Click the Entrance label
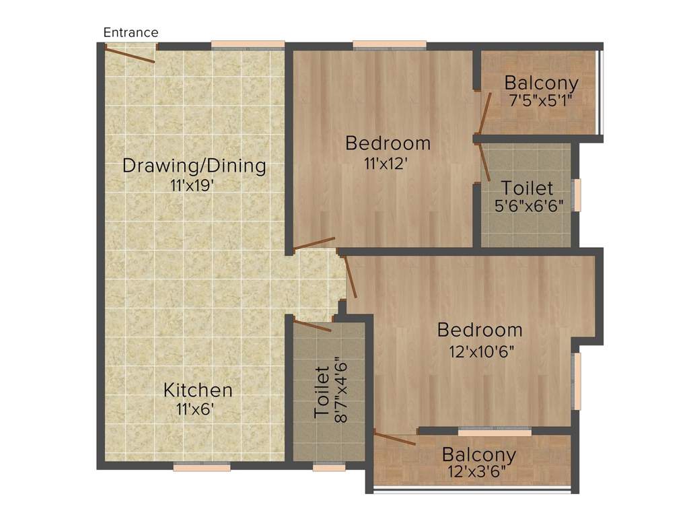tap(131, 32)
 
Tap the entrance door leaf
tap(130, 55)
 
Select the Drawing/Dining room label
tap(194, 166)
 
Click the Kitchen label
tap(198, 390)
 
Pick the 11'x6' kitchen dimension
tap(195, 409)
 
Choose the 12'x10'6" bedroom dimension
tap(481, 351)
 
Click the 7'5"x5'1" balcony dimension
tap(540, 101)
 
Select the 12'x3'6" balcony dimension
tap(477, 472)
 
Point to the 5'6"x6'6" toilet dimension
tap(529, 205)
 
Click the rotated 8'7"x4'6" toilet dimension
tap(341, 392)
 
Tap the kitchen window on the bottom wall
tap(202, 467)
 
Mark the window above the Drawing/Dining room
tap(248, 45)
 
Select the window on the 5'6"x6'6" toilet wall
tap(576, 195)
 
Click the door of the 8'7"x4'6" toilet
tap(312, 326)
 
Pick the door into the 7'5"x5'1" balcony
tap(484, 112)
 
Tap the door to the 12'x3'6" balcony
tap(394, 438)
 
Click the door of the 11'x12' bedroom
tap(314, 244)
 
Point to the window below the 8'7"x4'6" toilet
tap(329, 467)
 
